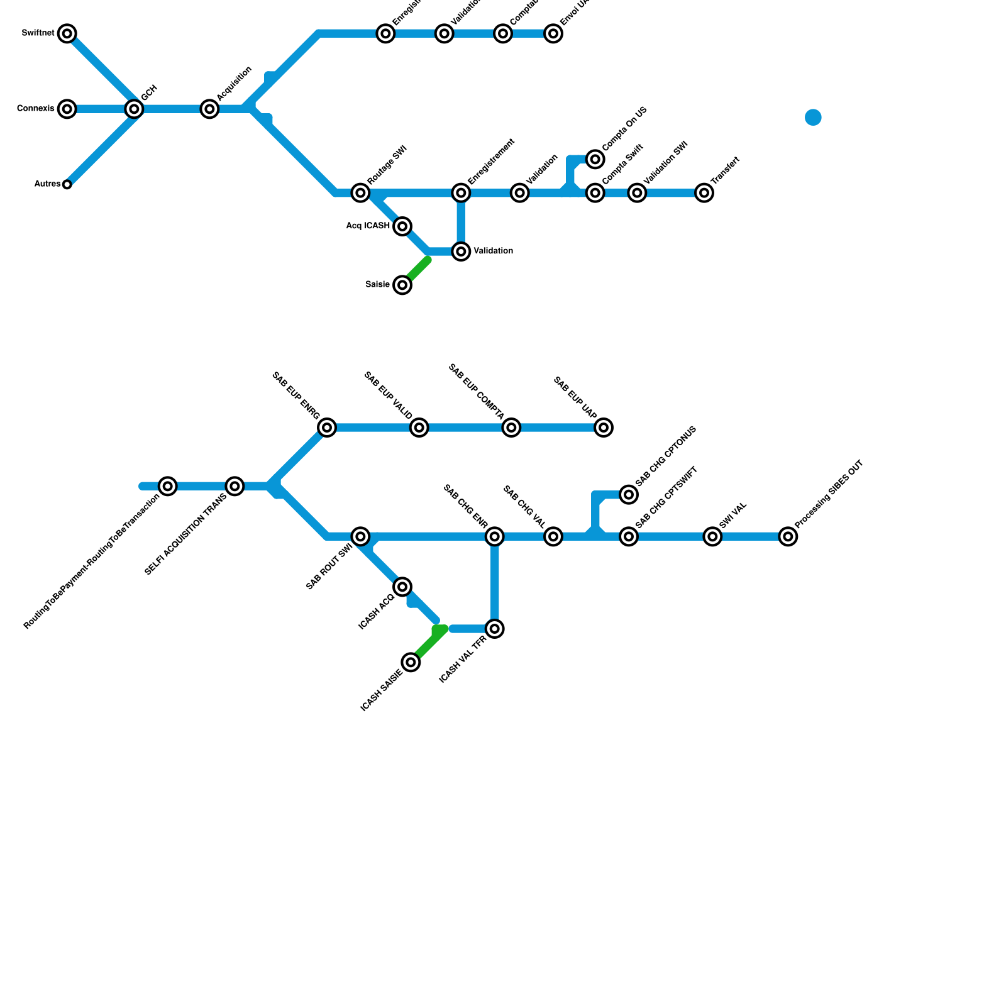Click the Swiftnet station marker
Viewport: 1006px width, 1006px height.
67,33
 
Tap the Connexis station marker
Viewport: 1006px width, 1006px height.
67,109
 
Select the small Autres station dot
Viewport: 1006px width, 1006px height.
67,184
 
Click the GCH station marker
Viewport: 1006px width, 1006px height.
134,109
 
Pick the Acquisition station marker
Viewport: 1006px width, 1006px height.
210,109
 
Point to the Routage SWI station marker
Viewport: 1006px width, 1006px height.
360,192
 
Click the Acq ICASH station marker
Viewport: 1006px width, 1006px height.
403,226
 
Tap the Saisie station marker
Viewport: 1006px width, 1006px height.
403,285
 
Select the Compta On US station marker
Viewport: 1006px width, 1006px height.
595,159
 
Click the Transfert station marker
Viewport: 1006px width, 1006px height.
705,192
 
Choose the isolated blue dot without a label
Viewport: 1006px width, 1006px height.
813,118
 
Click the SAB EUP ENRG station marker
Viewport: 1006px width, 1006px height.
327,428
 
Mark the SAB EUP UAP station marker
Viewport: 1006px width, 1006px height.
604,428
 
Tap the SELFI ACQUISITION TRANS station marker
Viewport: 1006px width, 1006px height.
235,486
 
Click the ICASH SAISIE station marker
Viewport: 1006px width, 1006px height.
411,662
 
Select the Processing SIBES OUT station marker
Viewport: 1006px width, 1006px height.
788,536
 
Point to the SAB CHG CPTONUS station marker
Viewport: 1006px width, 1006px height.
629,495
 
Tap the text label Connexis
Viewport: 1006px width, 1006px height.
36,109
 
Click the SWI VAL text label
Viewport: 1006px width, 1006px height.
732,515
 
